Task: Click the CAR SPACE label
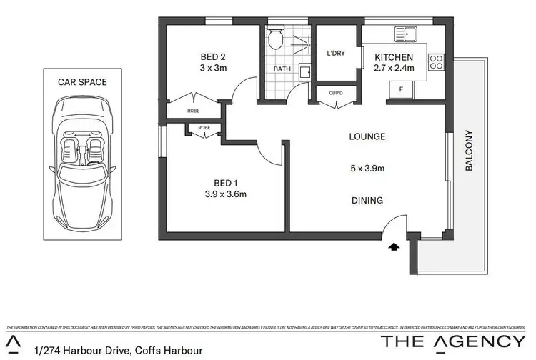coord(82,82)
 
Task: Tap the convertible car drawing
coord(82,164)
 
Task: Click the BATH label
coord(281,70)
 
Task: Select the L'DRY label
coord(336,53)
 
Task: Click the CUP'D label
coord(336,93)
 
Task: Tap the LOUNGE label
coord(367,136)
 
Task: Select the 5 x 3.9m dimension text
coord(367,169)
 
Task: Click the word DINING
coord(367,201)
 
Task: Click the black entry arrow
coord(392,246)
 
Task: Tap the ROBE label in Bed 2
coord(193,111)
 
